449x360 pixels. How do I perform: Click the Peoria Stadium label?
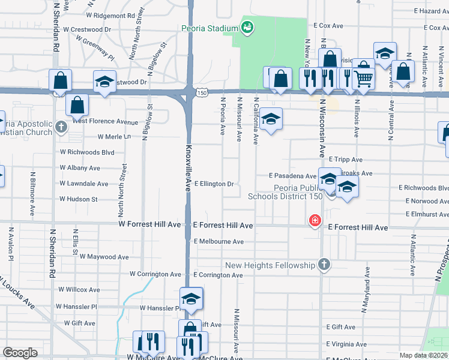pyautogui.click(x=209, y=28)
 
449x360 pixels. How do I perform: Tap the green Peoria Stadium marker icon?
pyautogui.click(x=246, y=27)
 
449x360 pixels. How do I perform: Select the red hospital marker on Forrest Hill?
pyautogui.click(x=314, y=221)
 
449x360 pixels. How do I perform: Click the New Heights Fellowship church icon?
pyautogui.click(x=324, y=265)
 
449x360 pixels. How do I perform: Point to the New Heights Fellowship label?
pyautogui.click(x=270, y=265)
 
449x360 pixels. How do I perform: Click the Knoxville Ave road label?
pyautogui.click(x=188, y=167)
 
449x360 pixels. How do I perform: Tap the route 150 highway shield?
pyautogui.click(x=203, y=93)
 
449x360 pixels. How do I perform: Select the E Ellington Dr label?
pyautogui.click(x=213, y=184)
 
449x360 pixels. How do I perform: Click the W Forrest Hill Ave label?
pyautogui.click(x=149, y=224)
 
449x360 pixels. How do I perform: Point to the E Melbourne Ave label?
pyautogui.click(x=218, y=241)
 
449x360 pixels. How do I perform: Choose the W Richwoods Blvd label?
pyautogui.click(x=87, y=152)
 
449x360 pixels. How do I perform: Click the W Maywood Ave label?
pyautogui.click(x=104, y=257)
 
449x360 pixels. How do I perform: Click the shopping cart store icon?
pyautogui.click(x=363, y=77)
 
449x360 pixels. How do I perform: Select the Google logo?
pyautogui.click(x=20, y=353)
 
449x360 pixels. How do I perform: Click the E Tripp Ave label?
pyautogui.click(x=345, y=160)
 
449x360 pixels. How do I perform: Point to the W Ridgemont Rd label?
pyautogui.click(x=110, y=15)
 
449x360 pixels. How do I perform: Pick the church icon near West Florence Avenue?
pyautogui.click(x=61, y=127)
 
